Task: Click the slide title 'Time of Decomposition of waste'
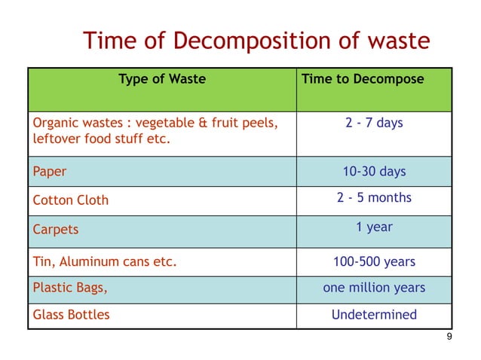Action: point(256,41)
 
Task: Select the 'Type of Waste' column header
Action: point(162,79)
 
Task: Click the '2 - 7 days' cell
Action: point(375,123)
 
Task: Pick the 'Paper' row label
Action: point(50,172)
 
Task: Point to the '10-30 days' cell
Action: point(374,172)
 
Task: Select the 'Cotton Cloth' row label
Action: point(71,200)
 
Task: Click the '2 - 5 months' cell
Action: point(374,198)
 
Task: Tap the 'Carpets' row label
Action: point(56,229)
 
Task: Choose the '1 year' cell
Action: point(374,227)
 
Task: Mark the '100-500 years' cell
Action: point(374,263)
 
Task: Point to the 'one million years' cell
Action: point(374,288)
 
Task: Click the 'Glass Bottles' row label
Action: point(71,315)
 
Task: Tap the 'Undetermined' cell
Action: point(374,315)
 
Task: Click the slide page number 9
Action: point(449,337)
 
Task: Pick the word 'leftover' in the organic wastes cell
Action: point(57,139)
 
